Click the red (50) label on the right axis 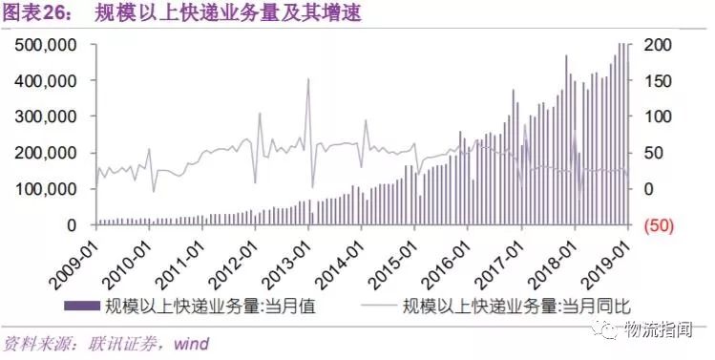(x=661, y=225)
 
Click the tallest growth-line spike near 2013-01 (x=308, y=79)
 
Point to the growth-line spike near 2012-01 (x=259, y=114)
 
